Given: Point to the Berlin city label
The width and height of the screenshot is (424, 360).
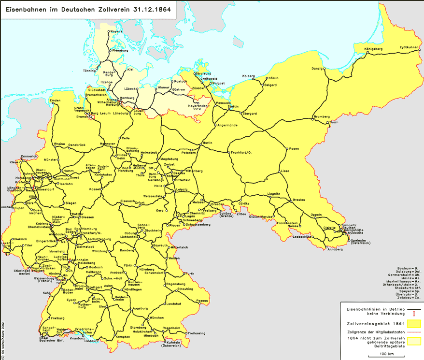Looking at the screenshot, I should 208,143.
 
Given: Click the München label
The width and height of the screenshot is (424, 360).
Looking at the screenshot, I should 156,317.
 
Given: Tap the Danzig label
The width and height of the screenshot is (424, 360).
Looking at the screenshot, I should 317,69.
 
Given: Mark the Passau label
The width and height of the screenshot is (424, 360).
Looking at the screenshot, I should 203,301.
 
